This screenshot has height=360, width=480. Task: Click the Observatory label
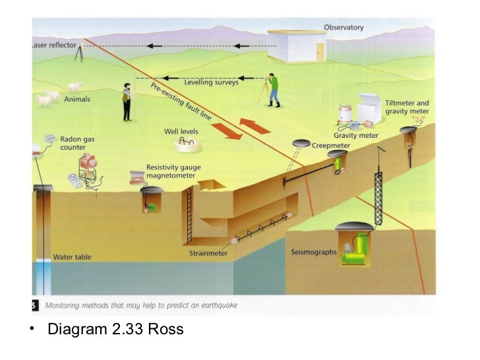tap(344, 27)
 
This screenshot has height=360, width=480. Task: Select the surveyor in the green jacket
tap(274, 90)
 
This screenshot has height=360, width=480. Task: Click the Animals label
tap(77, 100)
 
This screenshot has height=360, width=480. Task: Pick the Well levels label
tap(181, 131)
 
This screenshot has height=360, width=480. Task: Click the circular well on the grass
tap(187, 143)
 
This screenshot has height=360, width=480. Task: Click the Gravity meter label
tap(355, 135)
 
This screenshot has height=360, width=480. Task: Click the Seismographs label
tap(314, 252)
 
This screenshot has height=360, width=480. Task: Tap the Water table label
tap(72, 256)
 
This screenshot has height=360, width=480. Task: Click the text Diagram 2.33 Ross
tap(115, 328)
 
